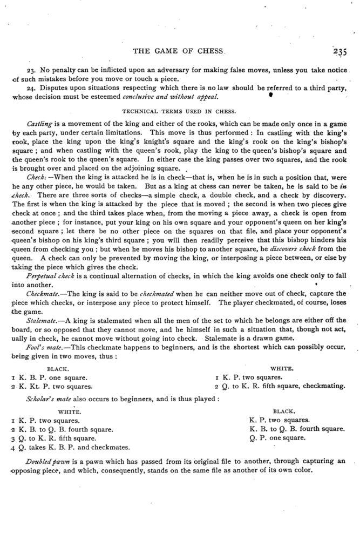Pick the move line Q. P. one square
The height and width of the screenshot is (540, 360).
point(277,438)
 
